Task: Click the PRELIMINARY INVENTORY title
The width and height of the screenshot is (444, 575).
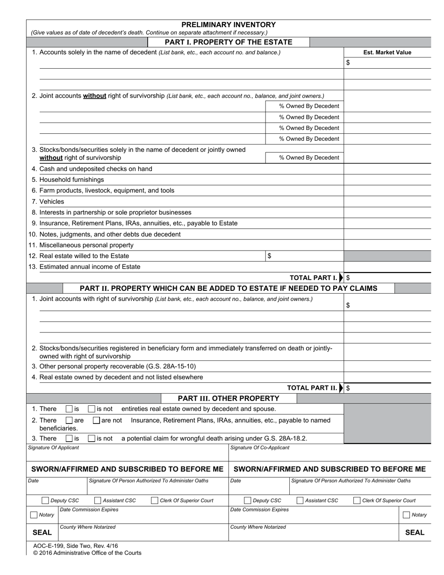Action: click(229, 25)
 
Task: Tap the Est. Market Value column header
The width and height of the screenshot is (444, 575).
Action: click(387, 52)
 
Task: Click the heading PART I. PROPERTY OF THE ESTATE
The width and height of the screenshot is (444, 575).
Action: click(229, 42)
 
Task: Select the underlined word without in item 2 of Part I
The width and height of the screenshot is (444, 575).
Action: click(95, 96)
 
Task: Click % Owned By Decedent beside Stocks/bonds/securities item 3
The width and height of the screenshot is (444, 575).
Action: click(309, 158)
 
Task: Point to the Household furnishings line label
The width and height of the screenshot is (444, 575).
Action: click(72, 180)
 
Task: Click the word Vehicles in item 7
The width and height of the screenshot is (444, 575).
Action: click(52, 201)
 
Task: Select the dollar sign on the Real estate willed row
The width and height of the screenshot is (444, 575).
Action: click(269, 256)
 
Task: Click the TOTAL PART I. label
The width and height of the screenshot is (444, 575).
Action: click(313, 278)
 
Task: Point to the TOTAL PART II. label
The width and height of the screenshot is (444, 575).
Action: click(312, 388)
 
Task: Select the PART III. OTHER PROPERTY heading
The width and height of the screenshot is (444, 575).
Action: click(229, 398)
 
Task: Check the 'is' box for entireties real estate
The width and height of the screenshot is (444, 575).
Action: click(69, 409)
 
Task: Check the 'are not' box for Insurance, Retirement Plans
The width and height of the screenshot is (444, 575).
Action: click(96, 420)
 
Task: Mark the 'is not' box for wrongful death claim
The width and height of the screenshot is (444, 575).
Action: click(92, 438)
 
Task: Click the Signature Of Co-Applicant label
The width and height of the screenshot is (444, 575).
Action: click(260, 448)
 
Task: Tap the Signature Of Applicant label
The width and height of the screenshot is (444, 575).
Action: click(54, 448)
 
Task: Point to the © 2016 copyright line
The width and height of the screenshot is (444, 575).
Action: click(87, 553)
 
